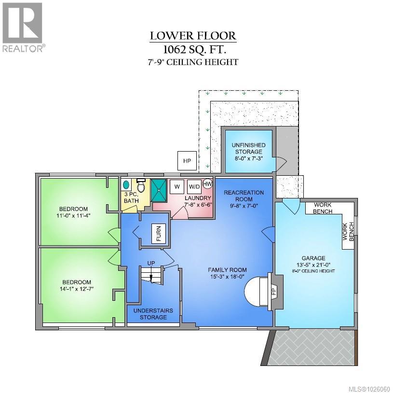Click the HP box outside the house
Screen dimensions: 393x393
(x=187, y=161)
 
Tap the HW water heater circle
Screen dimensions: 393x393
(x=207, y=183)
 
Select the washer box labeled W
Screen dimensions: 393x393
(x=177, y=186)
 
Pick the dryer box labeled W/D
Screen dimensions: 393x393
(x=194, y=186)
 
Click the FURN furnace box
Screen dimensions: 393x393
(x=159, y=233)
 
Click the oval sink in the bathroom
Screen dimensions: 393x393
(x=126, y=185)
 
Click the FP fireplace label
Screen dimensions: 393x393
(x=274, y=291)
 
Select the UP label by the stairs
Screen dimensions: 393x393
(x=151, y=263)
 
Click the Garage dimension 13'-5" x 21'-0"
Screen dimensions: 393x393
(x=313, y=265)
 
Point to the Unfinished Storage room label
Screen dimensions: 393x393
(x=248, y=148)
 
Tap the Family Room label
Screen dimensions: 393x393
(x=227, y=270)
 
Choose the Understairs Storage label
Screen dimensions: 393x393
(x=153, y=314)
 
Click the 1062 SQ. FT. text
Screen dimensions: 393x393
(x=195, y=50)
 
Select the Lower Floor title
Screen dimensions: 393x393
(x=193, y=36)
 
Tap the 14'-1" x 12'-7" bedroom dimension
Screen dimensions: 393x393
(x=77, y=289)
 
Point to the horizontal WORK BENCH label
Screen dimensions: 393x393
(x=323, y=208)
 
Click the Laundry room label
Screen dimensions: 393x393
(x=198, y=198)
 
